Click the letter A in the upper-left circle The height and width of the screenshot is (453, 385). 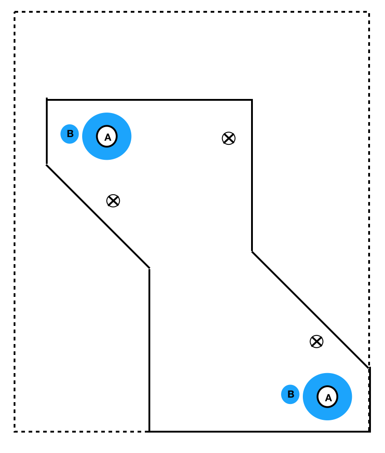(107, 137)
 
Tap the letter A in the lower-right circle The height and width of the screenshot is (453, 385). (328, 397)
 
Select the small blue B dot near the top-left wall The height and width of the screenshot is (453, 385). (69, 134)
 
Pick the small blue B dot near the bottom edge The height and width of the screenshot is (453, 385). (290, 394)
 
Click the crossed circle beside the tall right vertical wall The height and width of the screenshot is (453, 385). (228, 138)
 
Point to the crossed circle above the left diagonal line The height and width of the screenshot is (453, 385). (113, 201)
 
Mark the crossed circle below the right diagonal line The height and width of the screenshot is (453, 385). (316, 341)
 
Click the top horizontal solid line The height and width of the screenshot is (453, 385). (150, 100)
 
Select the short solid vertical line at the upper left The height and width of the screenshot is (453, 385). (47, 132)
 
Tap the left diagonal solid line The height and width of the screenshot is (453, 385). (98, 217)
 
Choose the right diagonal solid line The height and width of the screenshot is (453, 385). (310, 310)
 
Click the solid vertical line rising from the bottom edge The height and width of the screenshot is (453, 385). (149, 350)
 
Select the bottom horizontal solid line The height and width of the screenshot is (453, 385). (259, 431)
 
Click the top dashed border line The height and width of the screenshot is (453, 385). (191, 12)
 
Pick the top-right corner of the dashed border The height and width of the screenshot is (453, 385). (369, 12)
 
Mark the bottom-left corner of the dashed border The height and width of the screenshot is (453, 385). (15, 431)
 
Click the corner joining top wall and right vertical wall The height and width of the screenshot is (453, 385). (252, 100)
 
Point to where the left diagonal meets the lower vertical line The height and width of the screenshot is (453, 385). (149, 268)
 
